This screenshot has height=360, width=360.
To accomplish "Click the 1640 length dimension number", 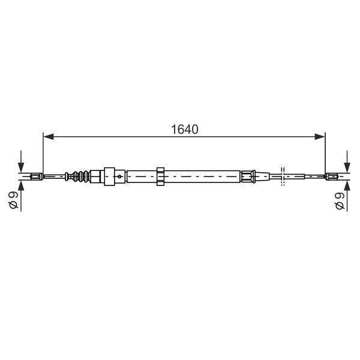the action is [x=185, y=130].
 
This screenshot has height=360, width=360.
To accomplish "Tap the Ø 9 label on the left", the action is [x=14, y=200].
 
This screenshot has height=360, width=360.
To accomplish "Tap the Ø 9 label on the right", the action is [x=340, y=200].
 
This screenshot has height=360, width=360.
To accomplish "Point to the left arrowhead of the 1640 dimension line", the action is [x=49, y=137].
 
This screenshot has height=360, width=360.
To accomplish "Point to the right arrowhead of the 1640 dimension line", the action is [x=320, y=137].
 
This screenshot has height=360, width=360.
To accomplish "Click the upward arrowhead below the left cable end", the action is [x=21, y=185].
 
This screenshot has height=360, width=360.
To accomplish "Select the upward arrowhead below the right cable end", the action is [x=347, y=185].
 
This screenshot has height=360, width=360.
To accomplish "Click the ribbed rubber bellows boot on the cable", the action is [x=81, y=176].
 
